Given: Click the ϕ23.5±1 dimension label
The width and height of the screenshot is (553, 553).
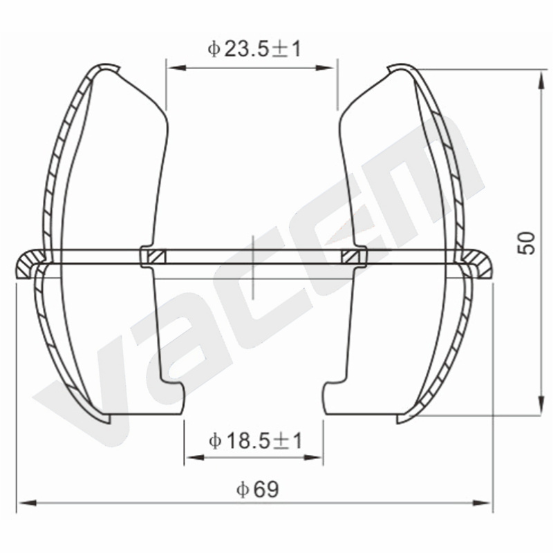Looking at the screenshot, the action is click(x=254, y=49).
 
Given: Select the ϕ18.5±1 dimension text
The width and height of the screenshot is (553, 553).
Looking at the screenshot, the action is click(x=255, y=441).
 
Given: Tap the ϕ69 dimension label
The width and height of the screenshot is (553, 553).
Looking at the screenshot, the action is click(x=257, y=489).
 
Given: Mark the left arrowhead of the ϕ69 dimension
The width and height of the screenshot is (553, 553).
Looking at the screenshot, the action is click(x=27, y=503).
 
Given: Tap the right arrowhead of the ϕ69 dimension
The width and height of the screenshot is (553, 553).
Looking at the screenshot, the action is click(x=482, y=503).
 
